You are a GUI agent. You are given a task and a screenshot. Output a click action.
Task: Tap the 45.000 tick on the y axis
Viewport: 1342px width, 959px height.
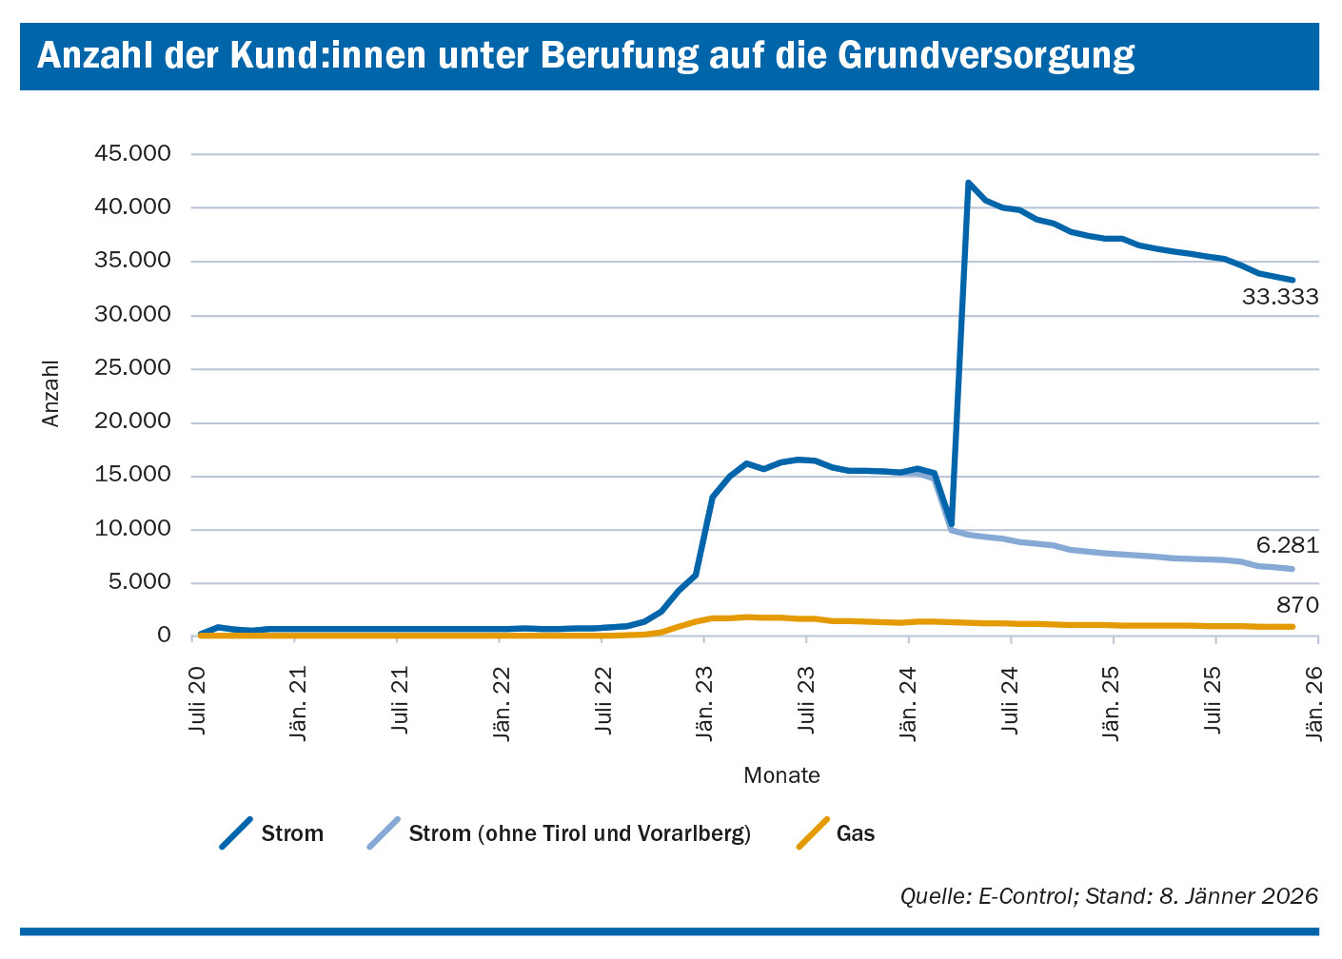click(132, 154)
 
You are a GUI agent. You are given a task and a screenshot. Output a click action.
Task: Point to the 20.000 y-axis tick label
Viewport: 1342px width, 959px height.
click(132, 422)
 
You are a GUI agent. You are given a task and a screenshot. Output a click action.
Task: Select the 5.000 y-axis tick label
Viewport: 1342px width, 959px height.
click(139, 582)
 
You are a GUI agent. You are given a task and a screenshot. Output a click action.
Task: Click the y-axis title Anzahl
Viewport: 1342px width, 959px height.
click(50, 394)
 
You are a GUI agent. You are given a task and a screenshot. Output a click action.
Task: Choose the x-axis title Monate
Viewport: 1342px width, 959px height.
click(781, 775)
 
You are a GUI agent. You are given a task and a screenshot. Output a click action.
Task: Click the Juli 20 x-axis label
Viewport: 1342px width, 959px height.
click(198, 698)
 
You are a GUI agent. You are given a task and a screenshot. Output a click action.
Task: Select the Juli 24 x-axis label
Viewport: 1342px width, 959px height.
click(1011, 698)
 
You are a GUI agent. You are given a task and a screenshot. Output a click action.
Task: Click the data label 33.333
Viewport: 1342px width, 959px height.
click(1280, 298)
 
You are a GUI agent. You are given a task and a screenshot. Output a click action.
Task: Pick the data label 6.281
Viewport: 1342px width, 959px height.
click(1287, 545)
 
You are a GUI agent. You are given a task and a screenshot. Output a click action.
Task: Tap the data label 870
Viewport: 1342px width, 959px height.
click(1297, 605)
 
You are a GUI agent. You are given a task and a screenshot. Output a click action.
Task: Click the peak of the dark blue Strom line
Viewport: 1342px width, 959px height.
click(968, 183)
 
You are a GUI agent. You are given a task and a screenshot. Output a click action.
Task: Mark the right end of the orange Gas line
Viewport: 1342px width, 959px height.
click(1293, 626)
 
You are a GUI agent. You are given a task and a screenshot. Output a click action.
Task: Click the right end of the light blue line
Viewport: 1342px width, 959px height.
click(1293, 569)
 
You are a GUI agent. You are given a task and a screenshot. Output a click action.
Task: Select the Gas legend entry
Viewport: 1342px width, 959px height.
click(855, 834)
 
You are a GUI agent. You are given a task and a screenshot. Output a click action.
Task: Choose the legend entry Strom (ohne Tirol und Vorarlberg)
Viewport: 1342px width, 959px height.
click(579, 834)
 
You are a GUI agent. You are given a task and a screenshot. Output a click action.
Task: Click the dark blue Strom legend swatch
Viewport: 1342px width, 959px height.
click(236, 833)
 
